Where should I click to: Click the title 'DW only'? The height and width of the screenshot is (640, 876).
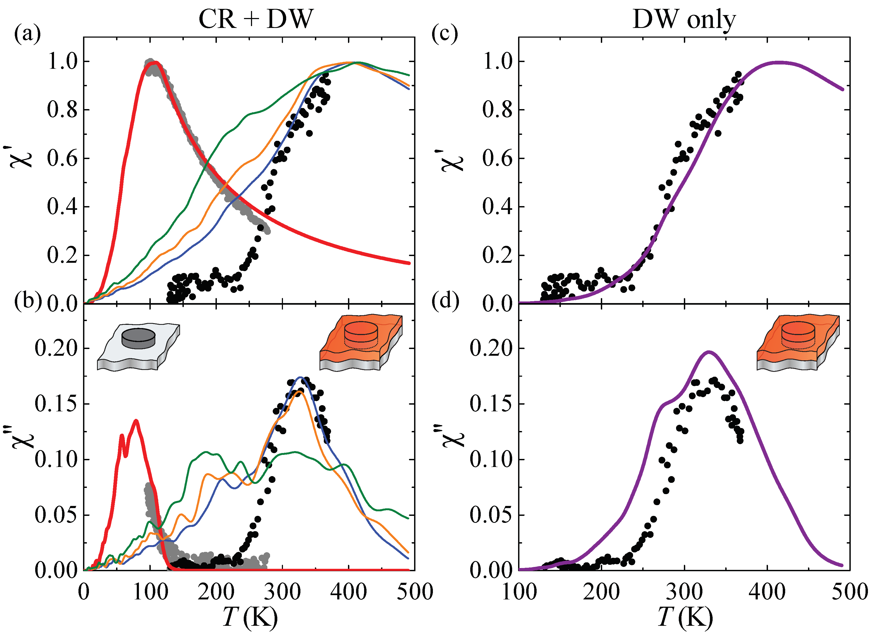pyautogui.click(x=684, y=19)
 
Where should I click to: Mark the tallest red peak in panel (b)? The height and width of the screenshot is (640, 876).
pyautogui.click(x=136, y=421)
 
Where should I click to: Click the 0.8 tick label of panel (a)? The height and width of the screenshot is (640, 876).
pyautogui.click(x=62, y=110)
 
